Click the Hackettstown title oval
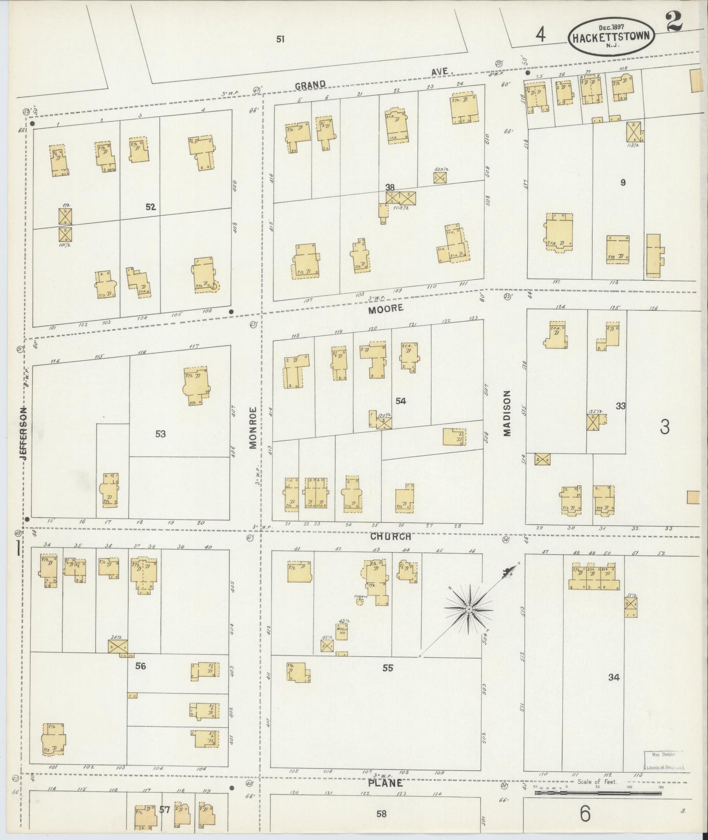[610, 37]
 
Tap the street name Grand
[310, 86]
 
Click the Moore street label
[386, 308]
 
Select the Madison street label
[507, 413]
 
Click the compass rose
[468, 609]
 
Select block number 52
[150, 207]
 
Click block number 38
[390, 187]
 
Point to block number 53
[160, 434]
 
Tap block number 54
[401, 401]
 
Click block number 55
[388, 668]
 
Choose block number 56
[141, 666]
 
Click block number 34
[614, 677]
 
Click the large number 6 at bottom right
[585, 815]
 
